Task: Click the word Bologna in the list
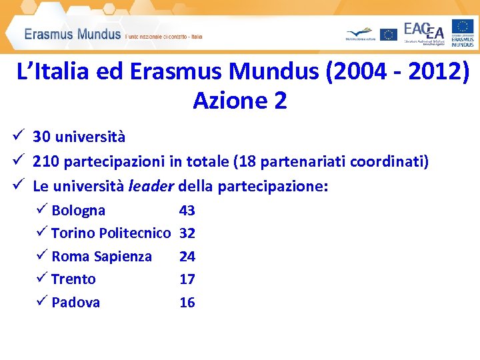[x=78, y=211]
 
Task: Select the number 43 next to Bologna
[x=187, y=211]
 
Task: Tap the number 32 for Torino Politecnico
[x=187, y=233]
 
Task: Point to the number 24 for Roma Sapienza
[x=187, y=257]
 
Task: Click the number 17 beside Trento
[x=187, y=279]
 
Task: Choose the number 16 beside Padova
[x=187, y=303]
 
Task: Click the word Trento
[x=73, y=279]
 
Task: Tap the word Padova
[x=75, y=303]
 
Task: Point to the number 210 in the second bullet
[x=44, y=161]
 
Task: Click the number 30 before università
[x=41, y=137]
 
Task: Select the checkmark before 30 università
[x=18, y=137]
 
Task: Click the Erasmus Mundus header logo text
[x=73, y=33]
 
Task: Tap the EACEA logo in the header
[x=424, y=31]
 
